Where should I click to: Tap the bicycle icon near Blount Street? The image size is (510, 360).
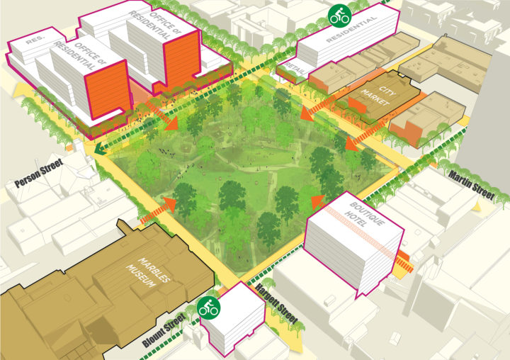click(209, 308)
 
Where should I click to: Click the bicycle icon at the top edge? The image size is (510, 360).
click(339, 14)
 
